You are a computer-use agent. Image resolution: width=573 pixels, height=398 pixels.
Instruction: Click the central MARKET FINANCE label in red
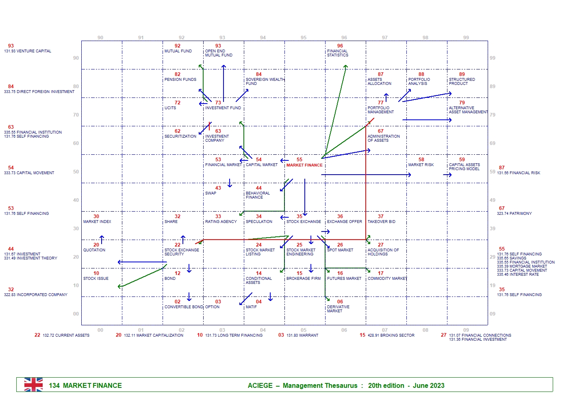(x=304, y=165)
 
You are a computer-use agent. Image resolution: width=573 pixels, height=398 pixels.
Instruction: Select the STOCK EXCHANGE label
(x=304, y=222)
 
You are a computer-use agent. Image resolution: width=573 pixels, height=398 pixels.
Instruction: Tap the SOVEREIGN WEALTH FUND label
(x=265, y=82)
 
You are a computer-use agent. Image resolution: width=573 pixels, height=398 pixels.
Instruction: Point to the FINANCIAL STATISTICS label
(x=338, y=53)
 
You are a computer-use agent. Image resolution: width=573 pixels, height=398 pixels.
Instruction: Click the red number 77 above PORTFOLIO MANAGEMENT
(x=380, y=103)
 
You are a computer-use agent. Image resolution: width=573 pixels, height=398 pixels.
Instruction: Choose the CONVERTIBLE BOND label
(x=184, y=307)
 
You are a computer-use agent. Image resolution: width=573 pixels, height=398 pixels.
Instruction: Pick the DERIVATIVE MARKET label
(x=338, y=309)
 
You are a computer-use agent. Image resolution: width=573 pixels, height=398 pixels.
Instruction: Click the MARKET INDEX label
(x=97, y=222)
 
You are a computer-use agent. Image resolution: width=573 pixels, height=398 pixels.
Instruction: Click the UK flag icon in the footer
(x=33, y=385)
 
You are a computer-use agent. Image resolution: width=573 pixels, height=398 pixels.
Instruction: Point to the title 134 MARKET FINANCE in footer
(x=85, y=385)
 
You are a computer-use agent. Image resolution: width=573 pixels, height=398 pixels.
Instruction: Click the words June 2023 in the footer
(x=428, y=385)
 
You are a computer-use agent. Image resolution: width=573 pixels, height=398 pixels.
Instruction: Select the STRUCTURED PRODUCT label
(x=462, y=82)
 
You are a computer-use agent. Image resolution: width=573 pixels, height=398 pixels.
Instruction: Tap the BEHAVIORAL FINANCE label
(x=258, y=195)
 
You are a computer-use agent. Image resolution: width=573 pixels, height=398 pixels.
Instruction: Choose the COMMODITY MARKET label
(x=387, y=279)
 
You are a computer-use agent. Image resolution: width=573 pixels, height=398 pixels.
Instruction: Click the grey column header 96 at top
(x=344, y=38)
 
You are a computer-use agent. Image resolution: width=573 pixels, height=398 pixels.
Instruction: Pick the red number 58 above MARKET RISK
(x=421, y=160)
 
